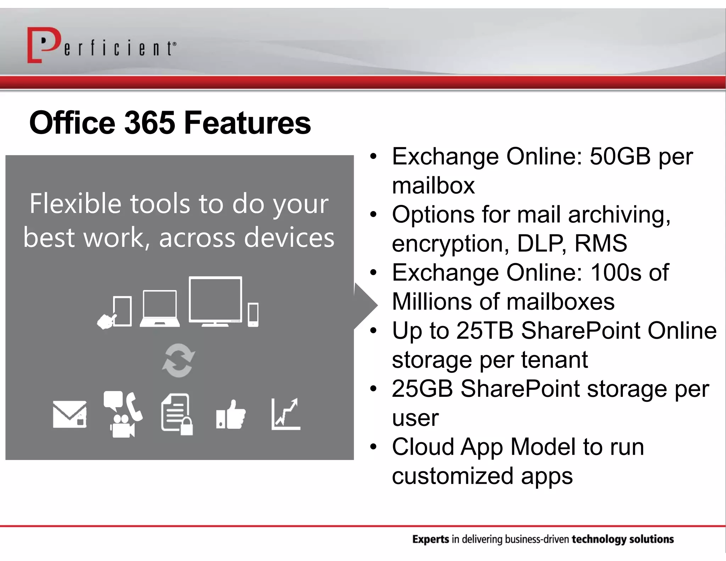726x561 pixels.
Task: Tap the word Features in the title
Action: pyautogui.click(x=247, y=123)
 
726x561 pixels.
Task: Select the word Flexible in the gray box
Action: pyautogui.click(x=75, y=204)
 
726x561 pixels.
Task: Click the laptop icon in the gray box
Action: pyautogui.click(x=160, y=309)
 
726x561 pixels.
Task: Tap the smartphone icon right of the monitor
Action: pyautogui.click(x=253, y=315)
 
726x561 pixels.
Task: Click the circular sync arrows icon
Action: pyautogui.click(x=178, y=360)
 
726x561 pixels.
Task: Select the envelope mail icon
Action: pyautogui.click(x=69, y=414)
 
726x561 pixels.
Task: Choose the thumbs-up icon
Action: pyautogui.click(x=231, y=415)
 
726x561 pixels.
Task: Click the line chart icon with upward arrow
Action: pyautogui.click(x=285, y=414)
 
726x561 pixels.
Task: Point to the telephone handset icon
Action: pyautogui.click(x=134, y=406)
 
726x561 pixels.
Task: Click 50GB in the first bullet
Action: pyautogui.click(x=620, y=156)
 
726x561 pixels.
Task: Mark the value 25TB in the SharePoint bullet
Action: pyautogui.click(x=485, y=331)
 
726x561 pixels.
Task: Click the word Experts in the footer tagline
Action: pyautogui.click(x=430, y=539)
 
